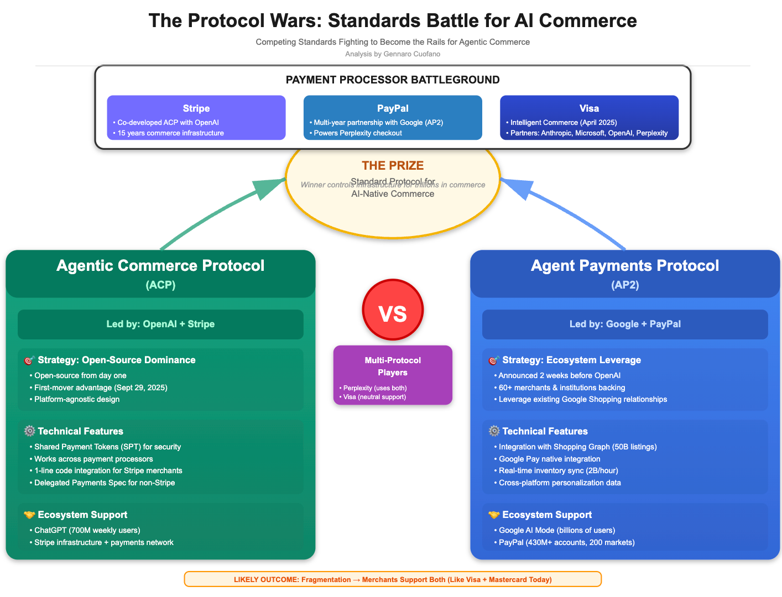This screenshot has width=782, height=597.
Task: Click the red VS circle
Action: pyautogui.click(x=393, y=310)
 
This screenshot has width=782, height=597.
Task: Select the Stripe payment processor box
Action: pyautogui.click(x=196, y=118)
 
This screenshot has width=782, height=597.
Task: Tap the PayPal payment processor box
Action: pyautogui.click(x=393, y=118)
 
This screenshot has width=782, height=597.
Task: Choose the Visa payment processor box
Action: pyautogui.click(x=589, y=118)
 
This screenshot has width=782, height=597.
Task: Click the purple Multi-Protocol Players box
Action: pyautogui.click(x=393, y=375)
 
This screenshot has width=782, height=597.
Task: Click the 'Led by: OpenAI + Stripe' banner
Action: pyautogui.click(x=160, y=324)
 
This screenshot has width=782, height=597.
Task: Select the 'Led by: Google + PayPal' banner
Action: pyautogui.click(x=625, y=324)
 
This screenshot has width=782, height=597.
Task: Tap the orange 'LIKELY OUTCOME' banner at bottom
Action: pyautogui.click(x=393, y=579)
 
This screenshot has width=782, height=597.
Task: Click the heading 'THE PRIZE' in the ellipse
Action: pyautogui.click(x=393, y=165)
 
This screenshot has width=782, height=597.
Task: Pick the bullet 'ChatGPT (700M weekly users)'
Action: pyautogui.click(x=87, y=530)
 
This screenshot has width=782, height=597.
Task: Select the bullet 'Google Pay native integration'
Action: pyautogui.click(x=549, y=459)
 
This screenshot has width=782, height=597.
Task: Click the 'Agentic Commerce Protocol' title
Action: pyautogui.click(x=160, y=266)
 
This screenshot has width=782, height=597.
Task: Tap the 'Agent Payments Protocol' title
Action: pyautogui.click(x=625, y=266)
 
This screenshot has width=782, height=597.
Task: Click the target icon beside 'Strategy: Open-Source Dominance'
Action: pyautogui.click(x=29, y=360)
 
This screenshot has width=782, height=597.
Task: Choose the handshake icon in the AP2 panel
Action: pyautogui.click(x=494, y=515)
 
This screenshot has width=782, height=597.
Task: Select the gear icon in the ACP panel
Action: pyautogui.click(x=29, y=431)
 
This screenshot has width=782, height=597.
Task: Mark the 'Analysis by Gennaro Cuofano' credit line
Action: pyautogui.click(x=393, y=54)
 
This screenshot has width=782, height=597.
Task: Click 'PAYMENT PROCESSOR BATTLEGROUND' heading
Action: pyautogui.click(x=393, y=80)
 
